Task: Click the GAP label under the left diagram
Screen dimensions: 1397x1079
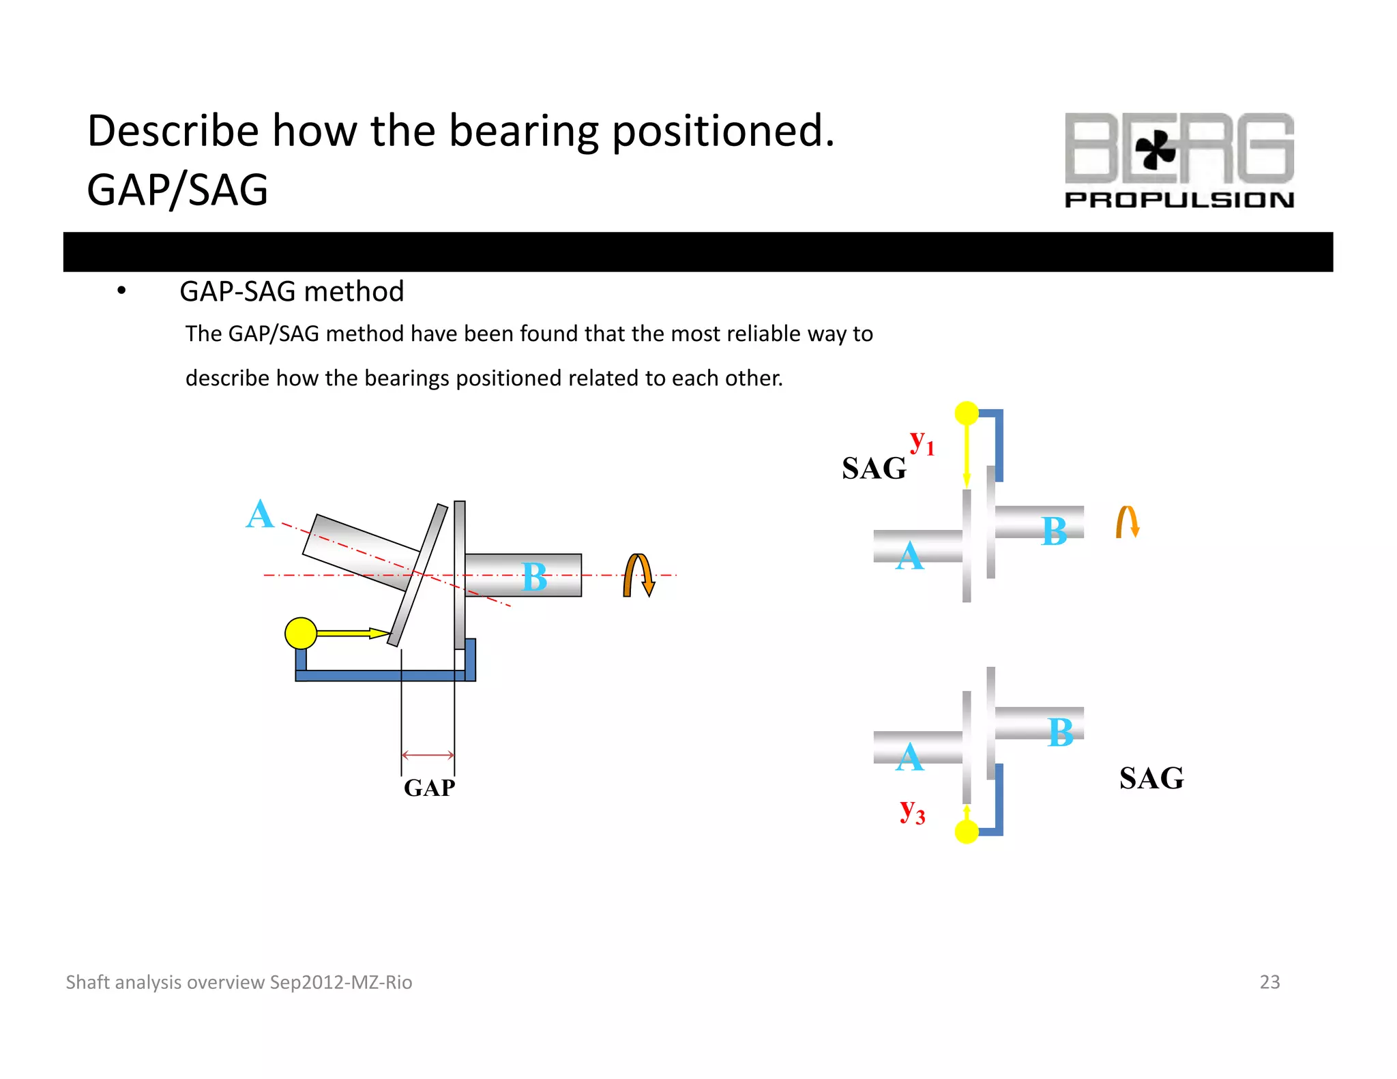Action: pyautogui.click(x=429, y=788)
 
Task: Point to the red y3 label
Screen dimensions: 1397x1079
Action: pyautogui.click(x=912, y=812)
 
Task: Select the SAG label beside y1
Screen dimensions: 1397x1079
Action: pyautogui.click(x=874, y=468)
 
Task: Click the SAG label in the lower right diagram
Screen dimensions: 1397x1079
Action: pyautogui.click(x=1151, y=778)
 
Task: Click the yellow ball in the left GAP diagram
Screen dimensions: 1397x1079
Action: pyautogui.click(x=301, y=633)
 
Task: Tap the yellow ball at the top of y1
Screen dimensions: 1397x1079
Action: pyautogui.click(x=967, y=413)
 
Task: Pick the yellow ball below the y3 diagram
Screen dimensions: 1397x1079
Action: pyautogui.click(x=967, y=831)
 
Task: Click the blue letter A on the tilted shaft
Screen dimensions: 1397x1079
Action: pyautogui.click(x=260, y=514)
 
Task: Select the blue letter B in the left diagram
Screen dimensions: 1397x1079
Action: pyautogui.click(x=534, y=577)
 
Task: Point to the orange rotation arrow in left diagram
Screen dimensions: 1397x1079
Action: pyautogui.click(x=638, y=575)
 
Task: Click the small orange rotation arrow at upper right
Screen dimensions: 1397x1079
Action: pyautogui.click(x=1128, y=522)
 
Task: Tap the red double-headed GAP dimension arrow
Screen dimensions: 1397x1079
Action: pyautogui.click(x=428, y=754)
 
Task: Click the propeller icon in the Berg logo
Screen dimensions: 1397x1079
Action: pyautogui.click(x=1155, y=149)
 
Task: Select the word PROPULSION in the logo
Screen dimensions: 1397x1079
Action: pyautogui.click(x=1179, y=200)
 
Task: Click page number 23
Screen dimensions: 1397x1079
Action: pyautogui.click(x=1269, y=981)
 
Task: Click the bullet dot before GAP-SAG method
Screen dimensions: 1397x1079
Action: pyautogui.click(x=121, y=291)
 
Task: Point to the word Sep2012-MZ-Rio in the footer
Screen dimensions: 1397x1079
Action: pyautogui.click(x=341, y=982)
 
